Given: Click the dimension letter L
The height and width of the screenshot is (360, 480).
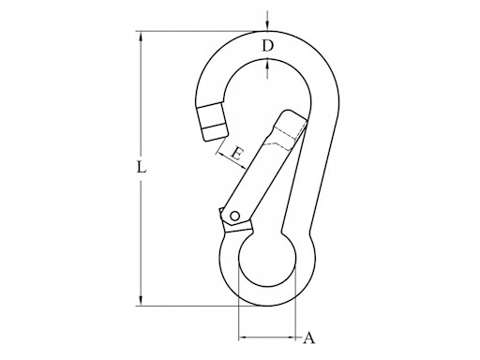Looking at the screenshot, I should (x=141, y=170).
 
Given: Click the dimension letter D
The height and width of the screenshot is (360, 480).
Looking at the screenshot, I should (x=267, y=46).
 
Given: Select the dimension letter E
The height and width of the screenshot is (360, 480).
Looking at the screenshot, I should (x=236, y=153).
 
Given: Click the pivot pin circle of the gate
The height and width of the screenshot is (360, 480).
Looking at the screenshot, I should (x=233, y=216).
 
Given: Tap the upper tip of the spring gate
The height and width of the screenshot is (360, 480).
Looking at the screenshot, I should (x=292, y=118).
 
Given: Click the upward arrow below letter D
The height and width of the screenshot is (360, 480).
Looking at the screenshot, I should (x=267, y=66).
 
